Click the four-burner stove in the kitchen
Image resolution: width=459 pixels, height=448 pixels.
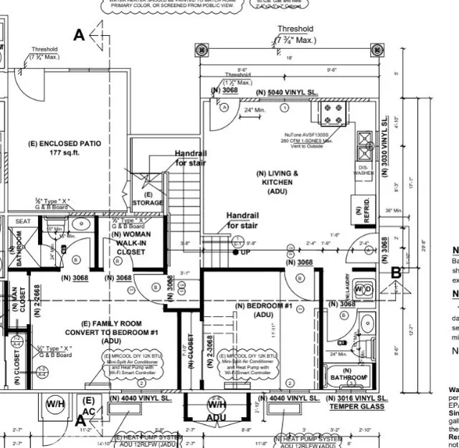pyautogui.click(x=333, y=114)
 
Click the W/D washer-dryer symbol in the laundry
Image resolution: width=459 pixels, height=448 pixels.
pyautogui.click(x=364, y=289)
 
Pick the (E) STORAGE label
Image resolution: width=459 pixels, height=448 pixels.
pyautogui.click(x=148, y=199)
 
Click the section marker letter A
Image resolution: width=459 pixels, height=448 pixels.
pyautogui.click(x=79, y=34)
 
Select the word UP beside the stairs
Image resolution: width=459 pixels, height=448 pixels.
pyautogui.click(x=246, y=252)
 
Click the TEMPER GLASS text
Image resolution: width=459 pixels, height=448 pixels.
pyautogui.click(x=356, y=407)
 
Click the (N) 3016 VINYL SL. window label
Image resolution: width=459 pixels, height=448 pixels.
pyautogui.click(x=356, y=398)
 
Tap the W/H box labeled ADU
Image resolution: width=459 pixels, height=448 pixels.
pyautogui.click(x=216, y=409)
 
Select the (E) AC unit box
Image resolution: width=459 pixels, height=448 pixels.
pyautogui.click(x=89, y=406)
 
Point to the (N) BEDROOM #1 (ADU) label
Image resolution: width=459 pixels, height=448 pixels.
pyautogui.click(x=263, y=310)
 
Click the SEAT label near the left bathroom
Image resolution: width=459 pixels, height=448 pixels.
pyautogui.click(x=23, y=221)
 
